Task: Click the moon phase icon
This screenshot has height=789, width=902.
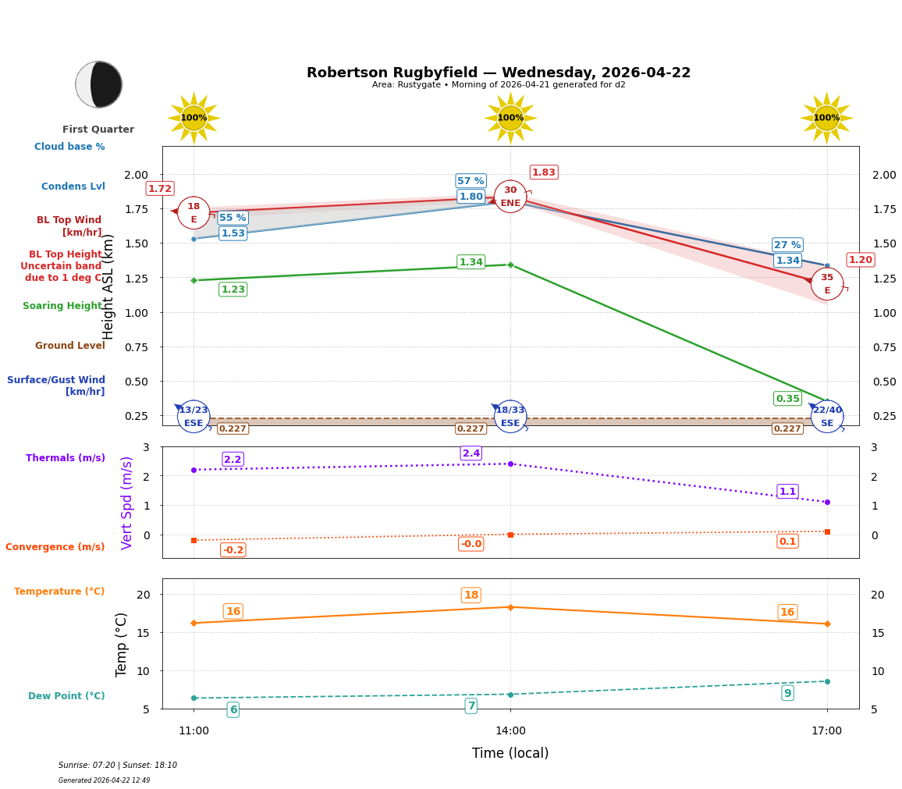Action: [98, 84]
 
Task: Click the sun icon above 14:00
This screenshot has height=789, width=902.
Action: [510, 118]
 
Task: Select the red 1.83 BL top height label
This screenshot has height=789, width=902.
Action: [544, 172]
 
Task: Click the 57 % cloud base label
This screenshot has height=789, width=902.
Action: [471, 181]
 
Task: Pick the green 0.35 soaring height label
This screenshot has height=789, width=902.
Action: [787, 399]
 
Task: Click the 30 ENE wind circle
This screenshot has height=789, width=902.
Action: [510, 197]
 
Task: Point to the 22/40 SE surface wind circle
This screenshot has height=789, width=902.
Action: [827, 417]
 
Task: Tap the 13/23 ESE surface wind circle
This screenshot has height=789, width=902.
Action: [194, 417]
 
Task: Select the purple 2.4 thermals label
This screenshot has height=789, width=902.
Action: [471, 453]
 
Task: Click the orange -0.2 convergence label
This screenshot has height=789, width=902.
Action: [233, 550]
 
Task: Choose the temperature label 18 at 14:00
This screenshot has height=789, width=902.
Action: [471, 595]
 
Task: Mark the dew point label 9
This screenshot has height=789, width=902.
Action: [787, 693]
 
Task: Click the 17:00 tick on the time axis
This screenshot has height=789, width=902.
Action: [826, 731]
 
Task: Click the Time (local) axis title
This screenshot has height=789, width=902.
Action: [510, 753]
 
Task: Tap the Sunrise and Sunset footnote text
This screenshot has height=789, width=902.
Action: [118, 766]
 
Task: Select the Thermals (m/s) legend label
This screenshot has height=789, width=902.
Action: [66, 458]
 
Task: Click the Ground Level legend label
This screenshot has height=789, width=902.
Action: [70, 346]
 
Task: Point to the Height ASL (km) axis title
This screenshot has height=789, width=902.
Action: [109, 286]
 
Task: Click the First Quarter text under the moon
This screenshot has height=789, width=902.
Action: [98, 130]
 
